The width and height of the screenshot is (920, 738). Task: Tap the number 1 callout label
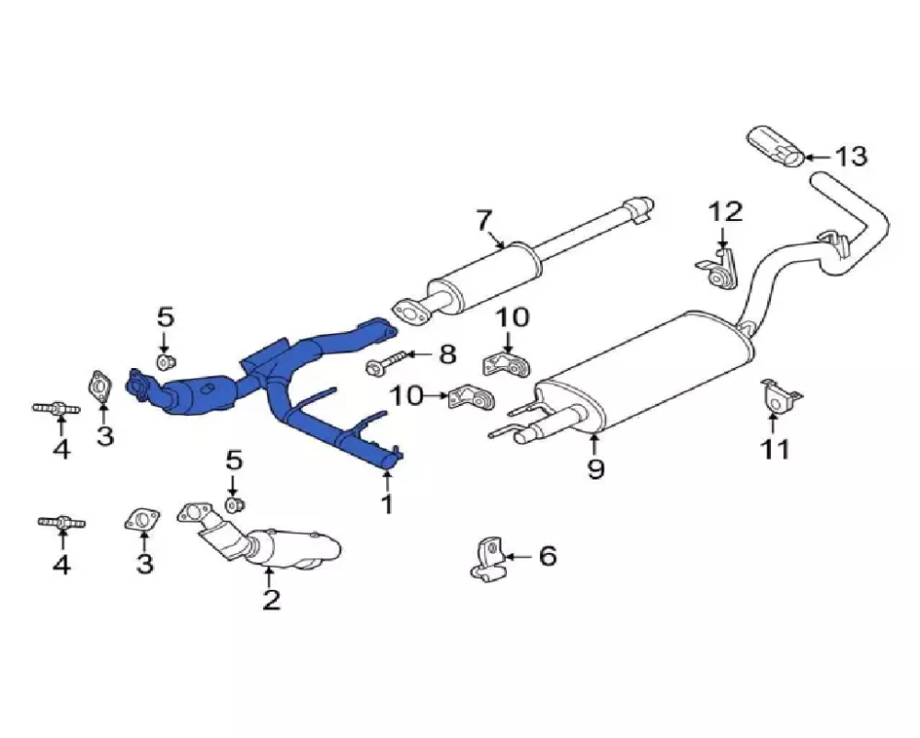387,504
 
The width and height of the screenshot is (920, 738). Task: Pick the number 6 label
547,556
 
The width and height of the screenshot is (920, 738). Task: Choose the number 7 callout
484,221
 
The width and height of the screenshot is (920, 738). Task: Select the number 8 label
447,353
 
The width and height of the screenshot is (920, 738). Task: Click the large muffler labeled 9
644,373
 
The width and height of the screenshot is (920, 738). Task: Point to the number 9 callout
596,469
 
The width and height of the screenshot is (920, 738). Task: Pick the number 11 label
774,449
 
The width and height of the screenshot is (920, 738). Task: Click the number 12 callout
725,213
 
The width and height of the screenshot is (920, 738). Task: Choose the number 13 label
850,156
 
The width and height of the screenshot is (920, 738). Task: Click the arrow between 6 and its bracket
517,556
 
